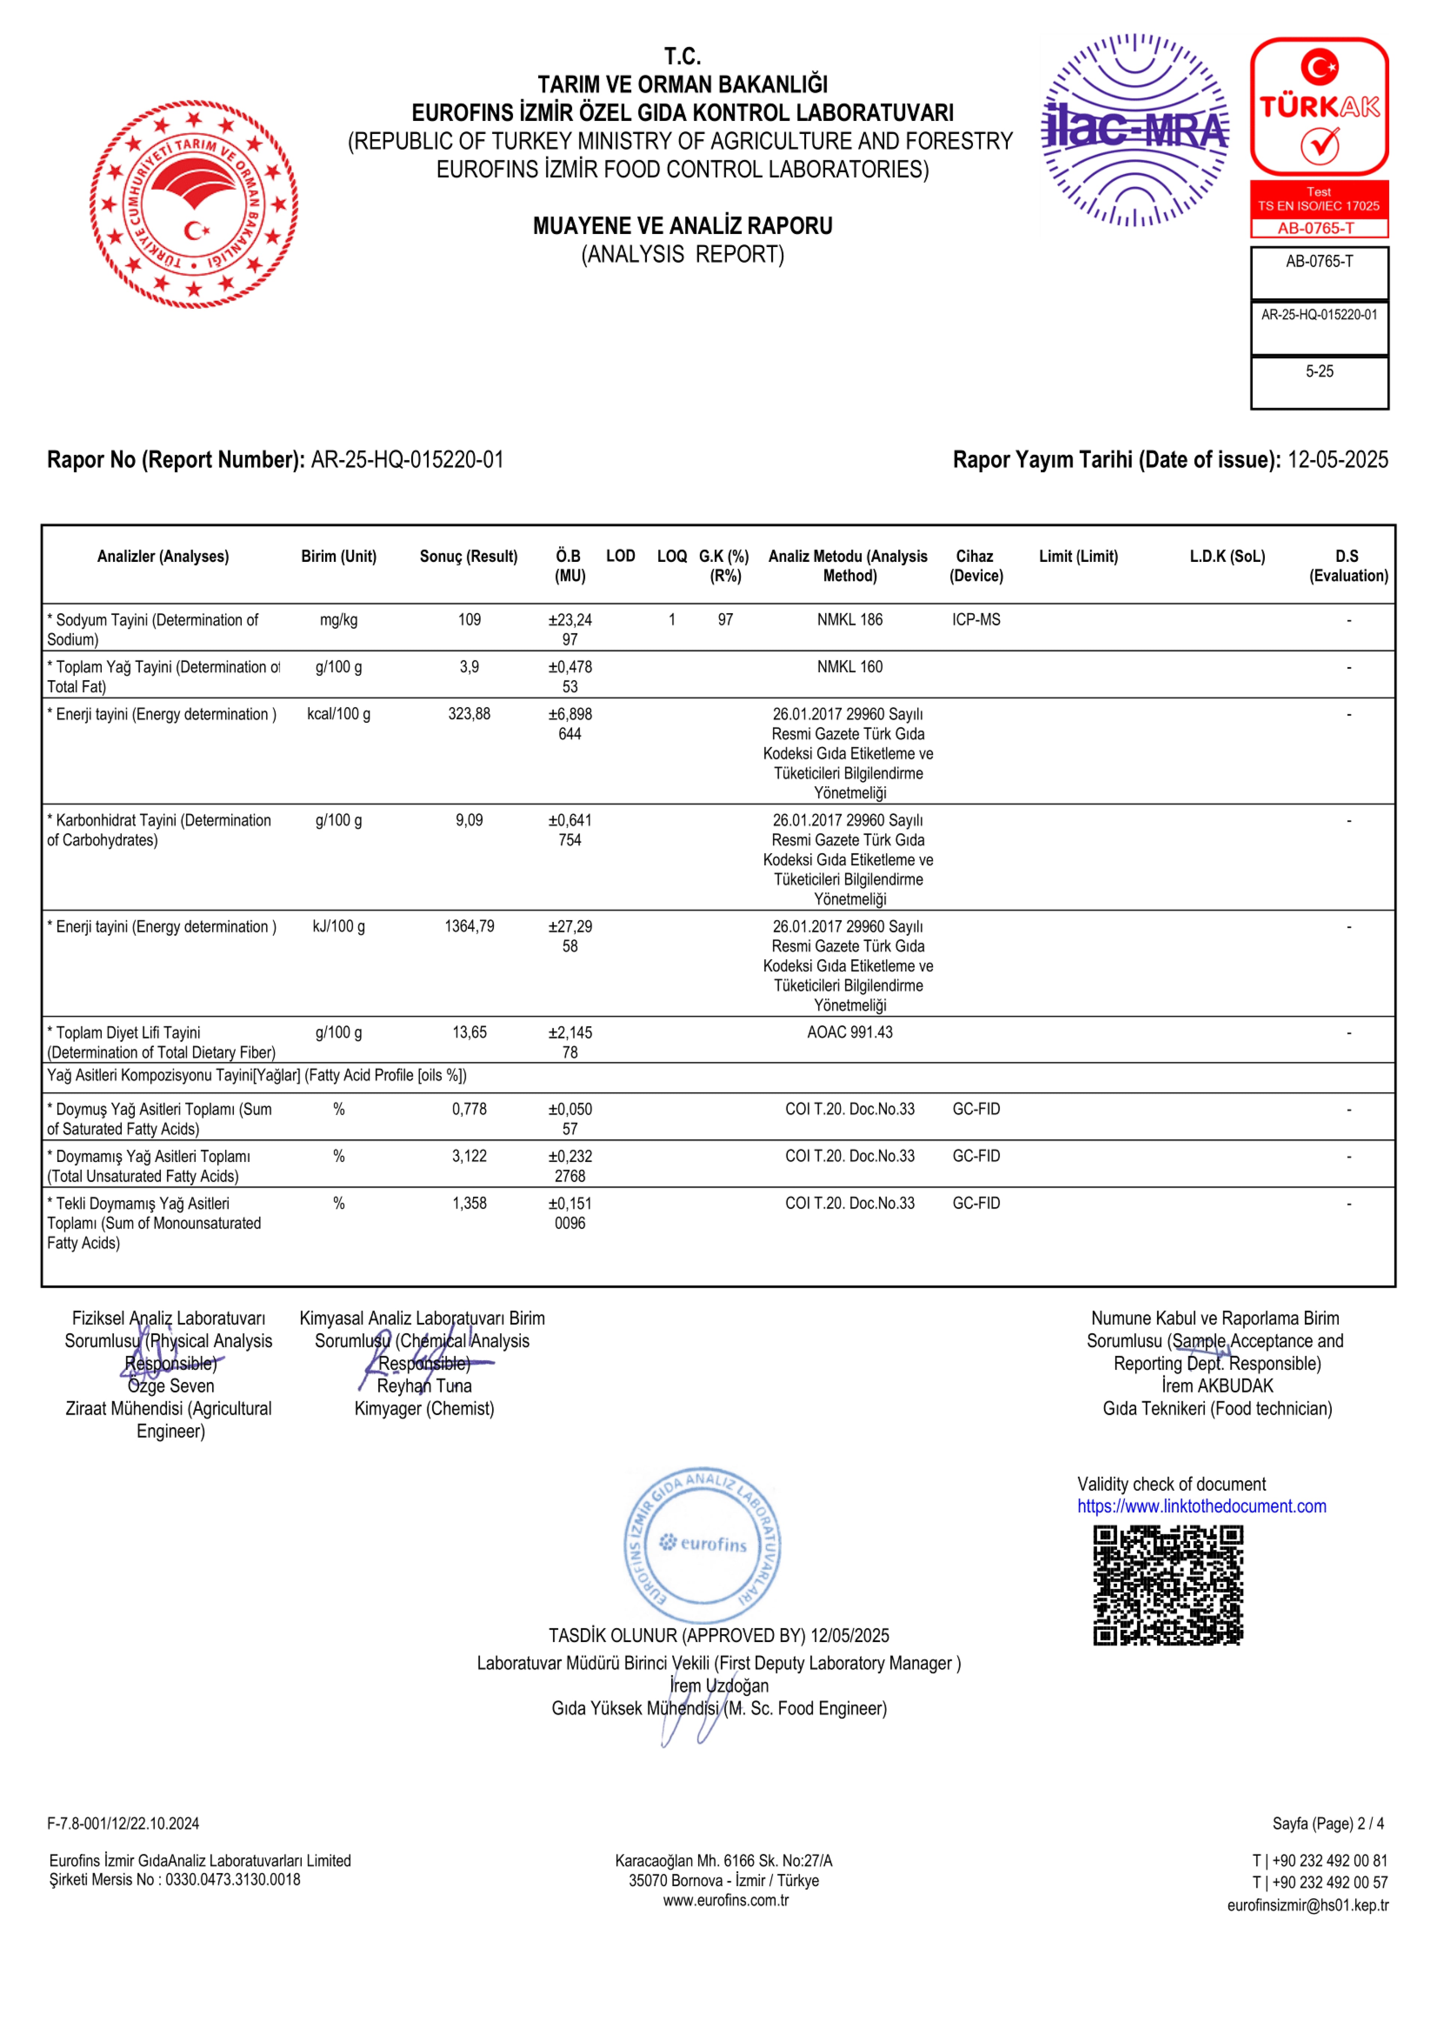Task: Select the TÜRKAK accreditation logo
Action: [1319, 106]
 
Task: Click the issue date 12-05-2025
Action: [1338, 460]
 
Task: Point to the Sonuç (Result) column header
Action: [469, 556]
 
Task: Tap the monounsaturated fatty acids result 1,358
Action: [470, 1203]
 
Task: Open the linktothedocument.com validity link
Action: [1201, 1506]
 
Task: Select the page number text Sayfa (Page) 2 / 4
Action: [1328, 1823]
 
